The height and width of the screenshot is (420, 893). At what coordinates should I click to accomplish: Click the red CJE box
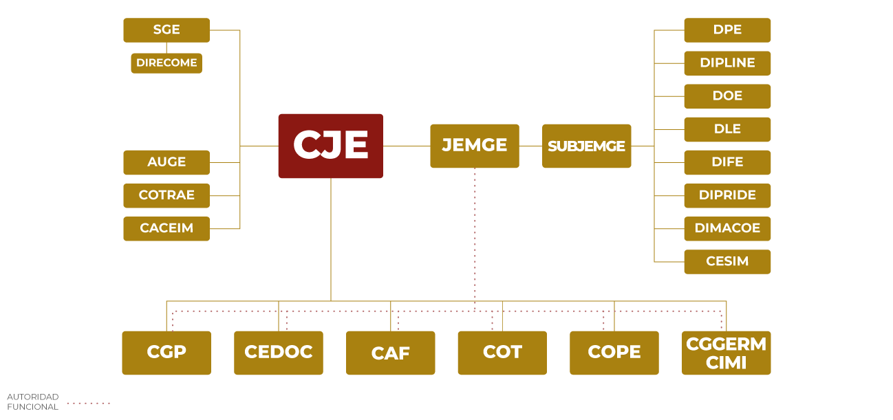click(330, 146)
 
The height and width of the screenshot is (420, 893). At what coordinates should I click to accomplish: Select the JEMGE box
click(474, 146)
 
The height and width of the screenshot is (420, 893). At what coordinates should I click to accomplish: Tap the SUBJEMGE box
click(586, 146)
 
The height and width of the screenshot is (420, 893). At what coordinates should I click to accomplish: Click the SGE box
click(166, 30)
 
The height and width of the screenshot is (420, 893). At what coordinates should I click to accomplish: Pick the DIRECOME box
click(166, 63)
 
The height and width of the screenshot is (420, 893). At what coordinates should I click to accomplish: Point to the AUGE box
click(166, 162)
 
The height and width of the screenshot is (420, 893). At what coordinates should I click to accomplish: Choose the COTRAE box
click(166, 195)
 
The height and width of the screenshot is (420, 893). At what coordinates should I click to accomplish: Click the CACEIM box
click(166, 228)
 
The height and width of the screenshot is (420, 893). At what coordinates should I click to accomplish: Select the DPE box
click(727, 30)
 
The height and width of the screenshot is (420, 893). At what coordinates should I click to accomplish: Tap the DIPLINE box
click(727, 63)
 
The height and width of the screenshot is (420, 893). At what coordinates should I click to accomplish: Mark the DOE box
click(727, 96)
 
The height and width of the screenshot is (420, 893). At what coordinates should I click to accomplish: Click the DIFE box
click(727, 162)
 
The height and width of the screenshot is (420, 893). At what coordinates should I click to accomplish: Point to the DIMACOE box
click(727, 228)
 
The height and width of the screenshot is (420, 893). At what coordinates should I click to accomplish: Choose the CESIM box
click(727, 261)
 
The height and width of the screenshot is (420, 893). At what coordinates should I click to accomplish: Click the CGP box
click(166, 353)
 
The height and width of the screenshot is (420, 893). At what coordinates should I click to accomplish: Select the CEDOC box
click(279, 353)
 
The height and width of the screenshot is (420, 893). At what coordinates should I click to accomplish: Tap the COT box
click(502, 353)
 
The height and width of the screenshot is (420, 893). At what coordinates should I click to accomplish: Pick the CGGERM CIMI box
click(727, 353)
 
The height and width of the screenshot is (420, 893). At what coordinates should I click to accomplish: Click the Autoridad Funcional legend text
click(33, 402)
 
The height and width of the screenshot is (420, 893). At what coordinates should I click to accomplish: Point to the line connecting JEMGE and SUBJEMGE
click(530, 146)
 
